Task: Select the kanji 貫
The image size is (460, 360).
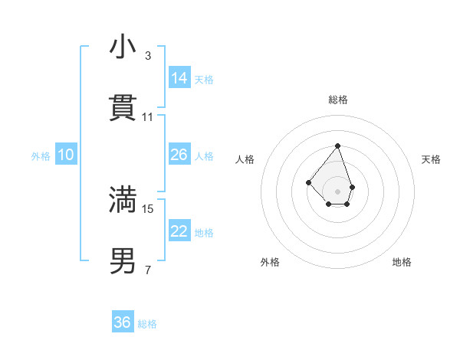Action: [123, 109]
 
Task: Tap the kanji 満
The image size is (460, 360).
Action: [123, 200]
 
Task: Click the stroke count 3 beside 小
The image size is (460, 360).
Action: [147, 56]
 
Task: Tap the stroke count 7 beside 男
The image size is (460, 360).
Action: [147, 270]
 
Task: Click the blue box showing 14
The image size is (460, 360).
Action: [179, 77]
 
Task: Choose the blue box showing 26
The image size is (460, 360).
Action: [179, 155]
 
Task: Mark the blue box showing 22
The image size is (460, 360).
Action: [179, 231]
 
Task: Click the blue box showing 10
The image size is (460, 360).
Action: [66, 155]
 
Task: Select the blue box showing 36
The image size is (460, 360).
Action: [123, 322]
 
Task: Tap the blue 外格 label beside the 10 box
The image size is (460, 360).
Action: [41, 155]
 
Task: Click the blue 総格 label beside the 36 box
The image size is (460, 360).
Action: [147, 323]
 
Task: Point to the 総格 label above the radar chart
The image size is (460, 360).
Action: [337, 100]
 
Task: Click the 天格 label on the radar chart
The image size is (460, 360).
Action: [431, 159]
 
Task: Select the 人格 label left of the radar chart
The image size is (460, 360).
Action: [245, 159]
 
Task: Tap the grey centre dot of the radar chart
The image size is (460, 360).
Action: [337, 191]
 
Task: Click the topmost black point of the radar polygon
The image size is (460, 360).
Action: [337, 146]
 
